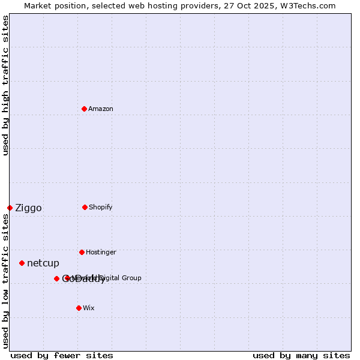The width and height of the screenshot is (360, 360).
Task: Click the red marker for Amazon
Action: [x=84, y=109]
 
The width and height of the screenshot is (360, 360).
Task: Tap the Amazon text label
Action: [x=101, y=109]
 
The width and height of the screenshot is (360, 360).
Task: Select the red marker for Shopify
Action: [x=85, y=207]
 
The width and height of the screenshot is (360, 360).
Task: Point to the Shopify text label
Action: [x=101, y=207]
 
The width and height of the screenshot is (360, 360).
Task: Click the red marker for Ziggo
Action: [x=10, y=208]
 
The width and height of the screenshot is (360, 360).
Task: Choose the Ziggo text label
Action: [x=28, y=208]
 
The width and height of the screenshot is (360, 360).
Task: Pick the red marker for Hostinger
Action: [x=82, y=252]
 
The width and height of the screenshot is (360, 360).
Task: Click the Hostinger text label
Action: [x=101, y=252]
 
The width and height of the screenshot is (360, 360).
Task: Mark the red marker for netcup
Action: [x=22, y=263]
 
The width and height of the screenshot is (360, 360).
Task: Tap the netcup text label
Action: [x=43, y=263]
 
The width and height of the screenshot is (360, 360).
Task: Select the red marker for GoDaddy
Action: [x=56, y=278]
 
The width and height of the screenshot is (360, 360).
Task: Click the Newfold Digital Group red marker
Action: [x=67, y=278]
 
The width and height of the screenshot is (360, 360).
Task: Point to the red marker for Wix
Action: [x=79, y=308]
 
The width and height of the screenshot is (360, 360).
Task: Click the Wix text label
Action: [x=89, y=308]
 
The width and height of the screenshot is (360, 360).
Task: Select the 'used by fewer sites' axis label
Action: [x=62, y=355]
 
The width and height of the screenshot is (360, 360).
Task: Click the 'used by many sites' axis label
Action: [x=301, y=355]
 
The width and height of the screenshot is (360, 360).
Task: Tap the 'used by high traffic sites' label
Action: [x=5, y=85]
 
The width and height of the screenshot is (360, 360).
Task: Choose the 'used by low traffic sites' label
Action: [x=5, y=281]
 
